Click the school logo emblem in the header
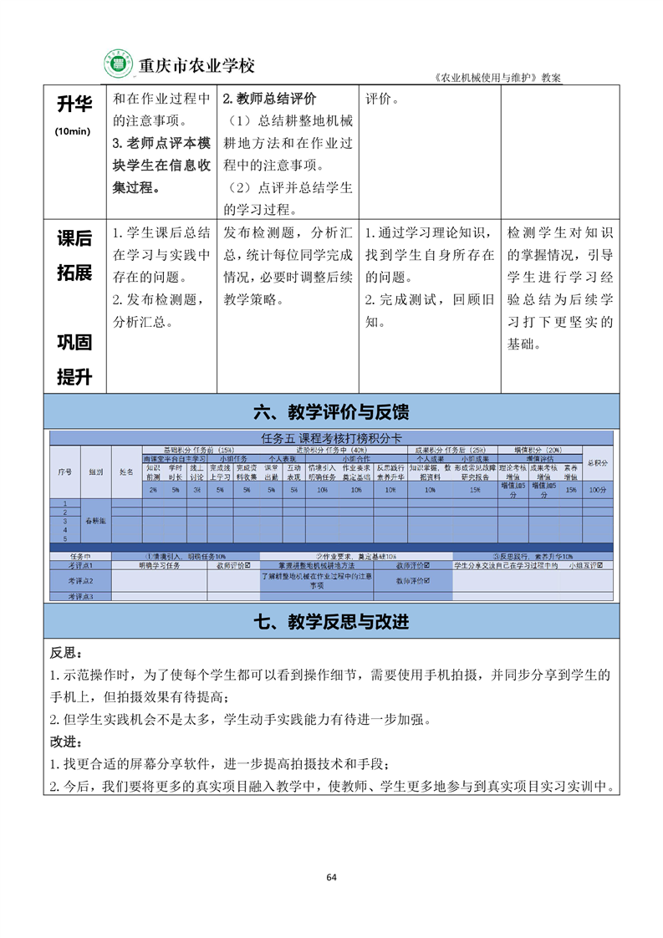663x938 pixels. (118, 64)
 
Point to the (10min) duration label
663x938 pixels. (73, 131)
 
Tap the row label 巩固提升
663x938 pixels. (74, 359)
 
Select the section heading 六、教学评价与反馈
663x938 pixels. (331, 412)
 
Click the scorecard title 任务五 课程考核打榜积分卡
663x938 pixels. (331, 439)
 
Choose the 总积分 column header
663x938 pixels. (597, 462)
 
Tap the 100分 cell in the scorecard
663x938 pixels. (597, 490)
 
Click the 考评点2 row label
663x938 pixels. (81, 580)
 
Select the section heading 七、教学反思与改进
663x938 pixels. (331, 621)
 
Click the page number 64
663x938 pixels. (331, 877)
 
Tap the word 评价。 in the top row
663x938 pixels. (382, 98)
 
